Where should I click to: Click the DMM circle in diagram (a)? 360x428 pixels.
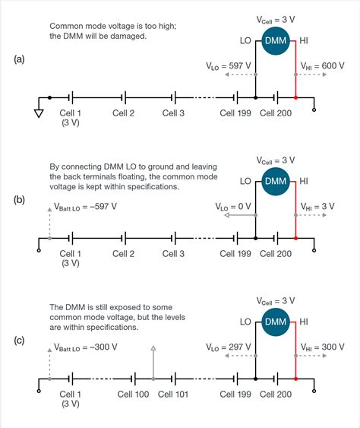tap(276, 44)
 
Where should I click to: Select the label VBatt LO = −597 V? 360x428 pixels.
tap(86, 206)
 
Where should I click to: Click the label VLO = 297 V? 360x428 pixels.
tap(229, 347)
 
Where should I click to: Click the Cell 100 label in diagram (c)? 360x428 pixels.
tap(134, 394)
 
